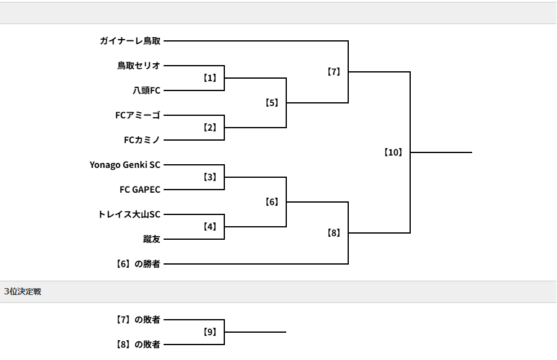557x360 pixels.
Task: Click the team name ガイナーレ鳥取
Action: pyautogui.click(x=130, y=41)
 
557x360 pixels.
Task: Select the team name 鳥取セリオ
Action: pyautogui.click(x=139, y=66)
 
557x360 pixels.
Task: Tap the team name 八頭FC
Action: pyautogui.click(x=146, y=90)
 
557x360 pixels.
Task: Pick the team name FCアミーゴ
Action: pyautogui.click(x=138, y=115)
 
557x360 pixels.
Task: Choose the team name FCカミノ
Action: pyautogui.click(x=142, y=140)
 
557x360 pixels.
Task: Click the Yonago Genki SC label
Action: pyautogui.click(x=125, y=165)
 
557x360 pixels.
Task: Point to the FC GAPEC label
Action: pyautogui.click(x=140, y=190)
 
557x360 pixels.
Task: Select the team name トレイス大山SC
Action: pyautogui.click(x=129, y=214)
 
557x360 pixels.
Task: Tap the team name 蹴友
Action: pyautogui.click(x=152, y=239)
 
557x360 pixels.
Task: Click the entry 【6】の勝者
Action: pyautogui.click(x=138, y=264)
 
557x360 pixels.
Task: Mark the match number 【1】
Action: pyautogui.click(x=210, y=78)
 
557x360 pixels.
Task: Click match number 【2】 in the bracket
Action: pyautogui.click(x=210, y=128)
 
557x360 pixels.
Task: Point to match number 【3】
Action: pyautogui.click(x=210, y=177)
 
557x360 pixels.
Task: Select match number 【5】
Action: pyautogui.click(x=272, y=103)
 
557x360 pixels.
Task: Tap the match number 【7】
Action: pyautogui.click(x=334, y=72)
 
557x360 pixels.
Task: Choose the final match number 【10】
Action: pyautogui.click(x=393, y=152)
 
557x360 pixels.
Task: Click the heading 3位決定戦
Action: pyautogui.click(x=22, y=291)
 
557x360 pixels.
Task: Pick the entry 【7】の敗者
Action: pyautogui.click(x=138, y=320)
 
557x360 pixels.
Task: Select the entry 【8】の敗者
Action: pyautogui.click(x=138, y=345)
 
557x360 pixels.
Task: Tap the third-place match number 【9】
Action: pyautogui.click(x=210, y=332)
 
